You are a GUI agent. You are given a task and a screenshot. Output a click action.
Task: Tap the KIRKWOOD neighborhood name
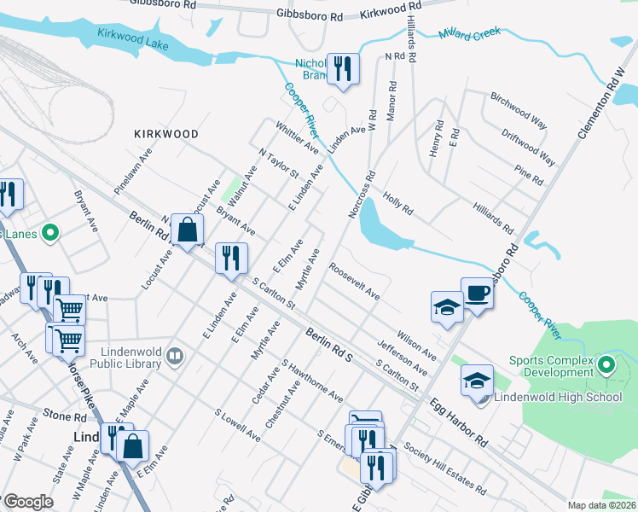[166, 134]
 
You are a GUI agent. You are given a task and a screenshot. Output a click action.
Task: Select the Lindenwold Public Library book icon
[174, 354]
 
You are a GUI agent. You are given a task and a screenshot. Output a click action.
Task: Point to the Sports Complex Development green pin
[606, 366]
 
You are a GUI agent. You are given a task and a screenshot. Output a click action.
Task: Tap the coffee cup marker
[478, 294]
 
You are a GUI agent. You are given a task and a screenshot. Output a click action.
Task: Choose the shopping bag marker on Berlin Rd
[187, 230]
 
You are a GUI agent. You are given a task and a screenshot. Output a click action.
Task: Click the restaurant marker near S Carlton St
[231, 259]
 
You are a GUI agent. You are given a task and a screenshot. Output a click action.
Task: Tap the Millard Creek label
[468, 35]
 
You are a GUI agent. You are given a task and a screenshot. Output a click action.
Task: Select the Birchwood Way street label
[517, 109]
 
